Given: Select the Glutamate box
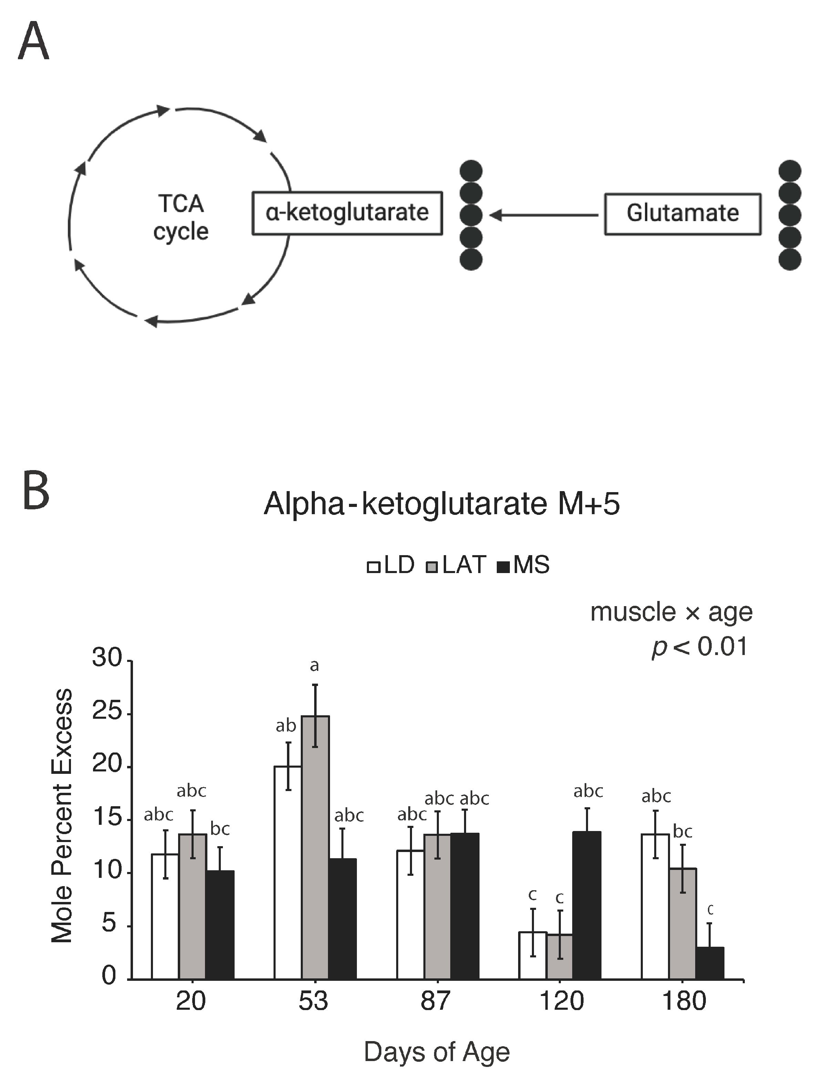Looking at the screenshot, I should point(682,214).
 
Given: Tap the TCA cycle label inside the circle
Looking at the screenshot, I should point(181,217).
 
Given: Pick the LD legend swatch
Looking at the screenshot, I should point(373,567).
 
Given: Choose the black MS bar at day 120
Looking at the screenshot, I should point(586,908).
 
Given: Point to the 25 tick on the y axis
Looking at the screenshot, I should point(106,712).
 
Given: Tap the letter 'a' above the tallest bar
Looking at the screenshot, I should point(315,665).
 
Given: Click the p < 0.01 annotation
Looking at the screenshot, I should point(699,647).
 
